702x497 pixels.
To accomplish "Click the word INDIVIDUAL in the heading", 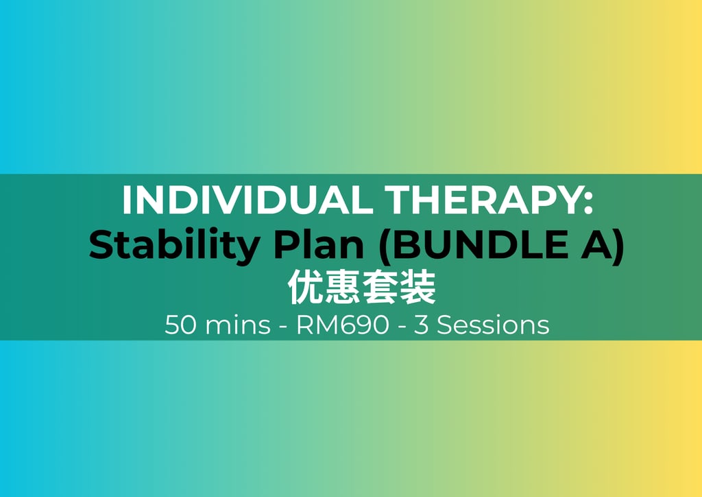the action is point(247,200).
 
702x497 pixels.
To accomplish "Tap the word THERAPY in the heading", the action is point(483,200).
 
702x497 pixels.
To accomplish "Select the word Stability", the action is point(175,246).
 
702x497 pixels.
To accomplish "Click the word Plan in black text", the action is point(319,244).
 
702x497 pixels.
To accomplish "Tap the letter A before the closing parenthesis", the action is point(597,244).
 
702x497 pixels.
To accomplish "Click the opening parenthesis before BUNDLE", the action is point(385,246).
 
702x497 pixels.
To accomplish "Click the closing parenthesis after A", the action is point(619,246).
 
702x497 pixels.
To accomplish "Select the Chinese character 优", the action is point(305,287).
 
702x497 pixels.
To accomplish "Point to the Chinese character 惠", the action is point(343,287).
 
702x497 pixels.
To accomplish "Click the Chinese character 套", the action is point(380,287).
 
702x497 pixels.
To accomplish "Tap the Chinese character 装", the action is point(417,287).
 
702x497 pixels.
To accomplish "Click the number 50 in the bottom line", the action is point(180,325).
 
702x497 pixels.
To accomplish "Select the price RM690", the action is point(343,325).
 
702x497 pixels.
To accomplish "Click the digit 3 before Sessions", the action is point(421,325).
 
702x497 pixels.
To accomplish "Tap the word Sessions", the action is point(493,325).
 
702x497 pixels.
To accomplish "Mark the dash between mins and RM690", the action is point(283,327).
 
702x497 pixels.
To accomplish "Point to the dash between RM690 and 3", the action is point(402,327).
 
